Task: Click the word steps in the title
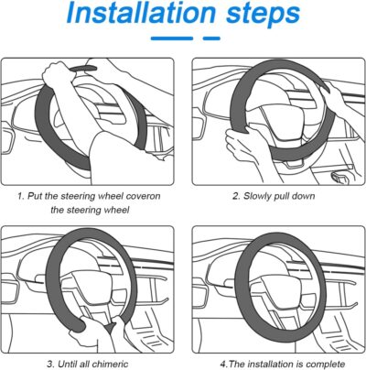coord(263,15)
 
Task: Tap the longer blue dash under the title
coord(172,38)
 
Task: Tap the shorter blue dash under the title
coord(211,38)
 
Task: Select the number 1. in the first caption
coord(21,196)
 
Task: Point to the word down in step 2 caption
coord(304,196)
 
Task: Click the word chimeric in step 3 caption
coord(110,364)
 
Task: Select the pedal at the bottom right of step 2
coord(339,177)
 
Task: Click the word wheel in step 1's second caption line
coord(117,210)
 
